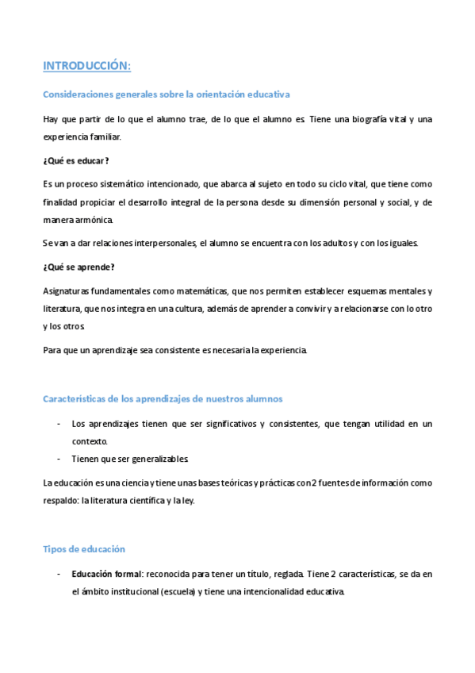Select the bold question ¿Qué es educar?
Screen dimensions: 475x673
75,160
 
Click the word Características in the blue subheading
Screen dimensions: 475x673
78,398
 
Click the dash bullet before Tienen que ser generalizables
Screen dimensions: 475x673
59,460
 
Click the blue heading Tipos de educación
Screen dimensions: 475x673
83,548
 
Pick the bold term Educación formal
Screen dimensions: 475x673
105,574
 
